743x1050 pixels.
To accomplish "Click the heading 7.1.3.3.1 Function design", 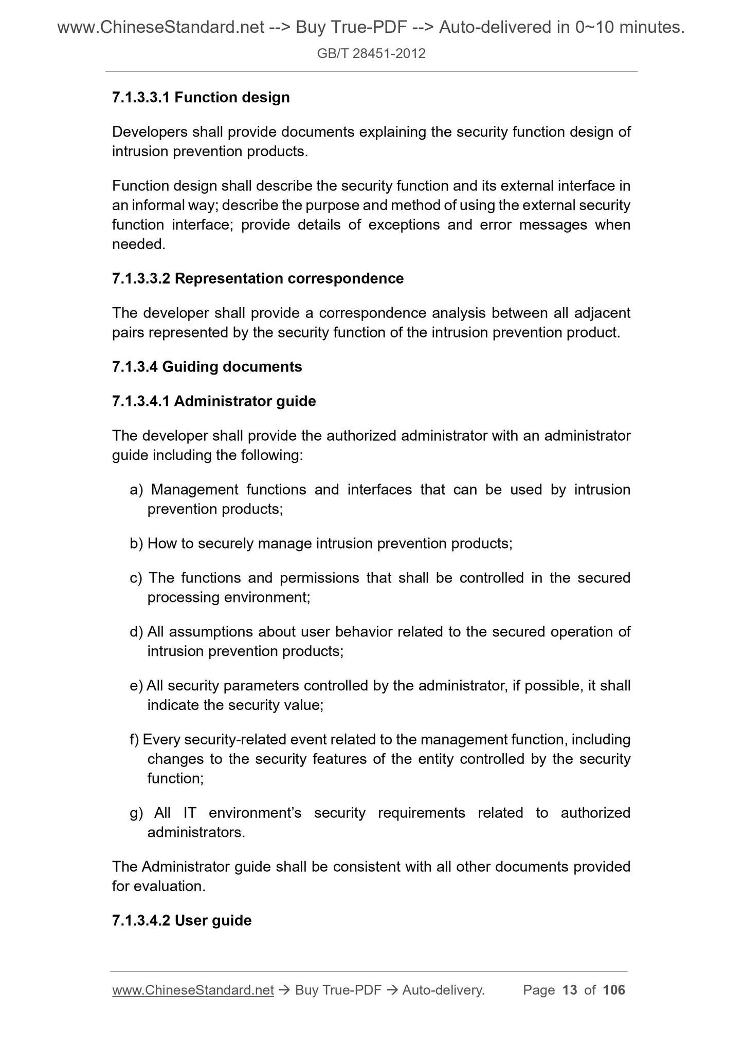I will pos(201,97).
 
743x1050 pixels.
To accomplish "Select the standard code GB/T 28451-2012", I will pos(371,53).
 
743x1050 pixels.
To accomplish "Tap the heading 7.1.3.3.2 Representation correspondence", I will pos(258,278).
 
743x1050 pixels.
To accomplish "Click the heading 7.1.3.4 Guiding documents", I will pos(207,367).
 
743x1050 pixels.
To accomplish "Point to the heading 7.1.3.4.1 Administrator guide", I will pos(213,401).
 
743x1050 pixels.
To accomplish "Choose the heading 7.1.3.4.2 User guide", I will pos(182,920).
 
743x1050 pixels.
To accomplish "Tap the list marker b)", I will pos(136,543).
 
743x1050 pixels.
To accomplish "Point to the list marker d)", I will pos(136,632).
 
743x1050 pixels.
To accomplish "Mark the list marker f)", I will pos(134,740).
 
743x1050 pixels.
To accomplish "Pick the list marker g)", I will pos(136,813).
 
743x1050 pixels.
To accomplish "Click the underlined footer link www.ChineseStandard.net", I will pos(192,990).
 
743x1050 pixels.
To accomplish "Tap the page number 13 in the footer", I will pos(570,990).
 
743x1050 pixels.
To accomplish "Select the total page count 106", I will pos(613,990).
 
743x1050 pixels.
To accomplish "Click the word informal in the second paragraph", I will pos(156,205).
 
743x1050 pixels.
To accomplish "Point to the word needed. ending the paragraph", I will pos(139,244).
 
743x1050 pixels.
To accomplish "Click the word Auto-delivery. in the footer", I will pos(443,990).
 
